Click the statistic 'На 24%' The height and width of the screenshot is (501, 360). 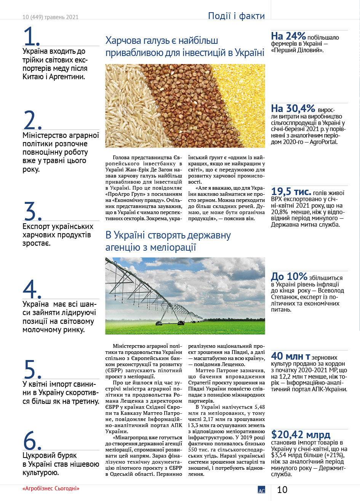tap(288, 36)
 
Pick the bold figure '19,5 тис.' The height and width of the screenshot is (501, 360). tap(291, 192)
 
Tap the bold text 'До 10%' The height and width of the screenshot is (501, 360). tap(289, 276)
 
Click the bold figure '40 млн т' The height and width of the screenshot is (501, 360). tap(290, 356)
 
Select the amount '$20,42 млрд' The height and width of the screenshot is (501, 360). tap(301, 435)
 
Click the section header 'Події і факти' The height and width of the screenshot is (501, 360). tap(236, 16)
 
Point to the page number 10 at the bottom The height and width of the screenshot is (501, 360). tap(282, 490)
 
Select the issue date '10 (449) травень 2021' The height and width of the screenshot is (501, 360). tap(50, 17)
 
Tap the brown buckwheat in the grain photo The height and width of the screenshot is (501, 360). tap(179, 107)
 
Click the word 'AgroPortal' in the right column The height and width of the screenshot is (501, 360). tap(324, 142)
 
